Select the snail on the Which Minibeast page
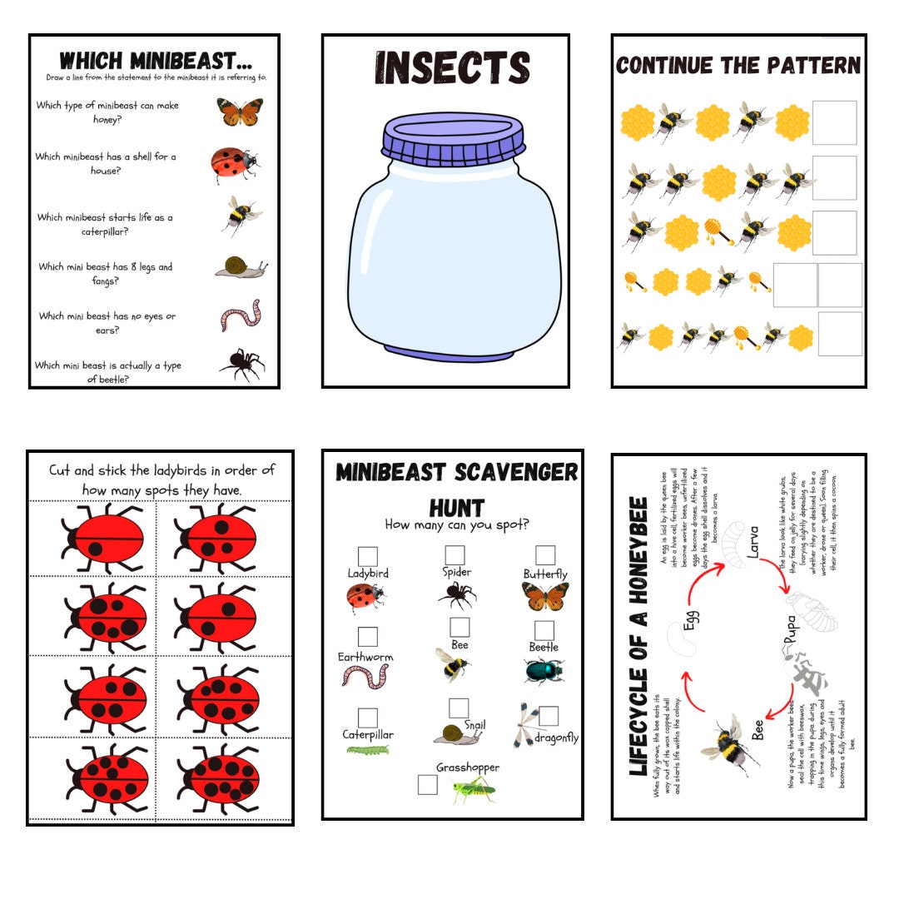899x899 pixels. [x=241, y=266]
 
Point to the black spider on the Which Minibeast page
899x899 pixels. [x=241, y=364]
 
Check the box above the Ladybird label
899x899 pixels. [x=367, y=556]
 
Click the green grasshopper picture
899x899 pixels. [x=473, y=790]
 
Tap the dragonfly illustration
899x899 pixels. [x=525, y=725]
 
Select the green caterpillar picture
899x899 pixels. [x=368, y=750]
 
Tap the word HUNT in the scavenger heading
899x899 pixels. [x=456, y=508]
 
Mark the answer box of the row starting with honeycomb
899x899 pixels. [x=834, y=122]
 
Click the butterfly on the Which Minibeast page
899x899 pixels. [x=240, y=112]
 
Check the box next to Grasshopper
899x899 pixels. [x=428, y=785]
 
